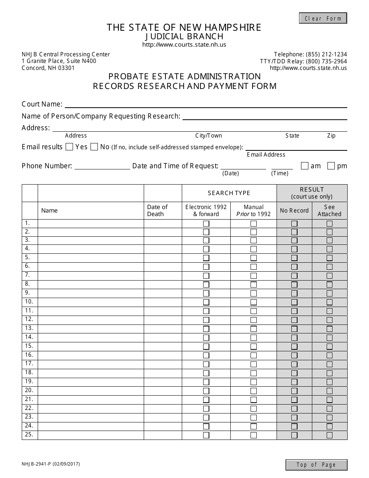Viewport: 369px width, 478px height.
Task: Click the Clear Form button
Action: pyautogui.click(x=323, y=18)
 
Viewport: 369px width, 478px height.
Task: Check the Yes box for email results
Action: pyautogui.click(x=70, y=147)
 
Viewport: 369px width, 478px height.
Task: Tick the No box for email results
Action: pyautogui.click(x=94, y=147)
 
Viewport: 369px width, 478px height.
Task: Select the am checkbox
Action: pyautogui.click(x=305, y=166)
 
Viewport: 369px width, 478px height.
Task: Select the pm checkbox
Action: pyautogui.click(x=331, y=166)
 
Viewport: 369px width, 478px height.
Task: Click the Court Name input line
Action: pyautogui.click(x=206, y=104)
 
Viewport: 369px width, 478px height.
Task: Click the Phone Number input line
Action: pyautogui.click(x=102, y=166)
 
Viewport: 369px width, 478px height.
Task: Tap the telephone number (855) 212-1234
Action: pyautogui.click(x=326, y=54)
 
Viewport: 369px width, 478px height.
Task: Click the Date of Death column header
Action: pyautogui.click(x=157, y=210)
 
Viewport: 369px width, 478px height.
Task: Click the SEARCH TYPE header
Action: pyautogui.click(x=229, y=193)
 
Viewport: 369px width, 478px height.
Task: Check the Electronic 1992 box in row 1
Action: pyautogui.click(x=206, y=223)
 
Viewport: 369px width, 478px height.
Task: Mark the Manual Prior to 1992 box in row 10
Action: pyautogui.click(x=254, y=302)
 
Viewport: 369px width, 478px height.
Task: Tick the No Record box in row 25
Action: pyautogui.click(x=294, y=435)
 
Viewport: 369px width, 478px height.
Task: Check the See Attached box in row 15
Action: pyautogui.click(x=329, y=347)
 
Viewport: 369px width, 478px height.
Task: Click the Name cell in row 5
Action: pyautogui.click(x=91, y=258)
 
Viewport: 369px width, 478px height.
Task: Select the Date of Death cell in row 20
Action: pyautogui.click(x=163, y=391)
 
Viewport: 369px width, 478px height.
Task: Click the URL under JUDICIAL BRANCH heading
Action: pyautogui.click(x=184, y=45)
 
